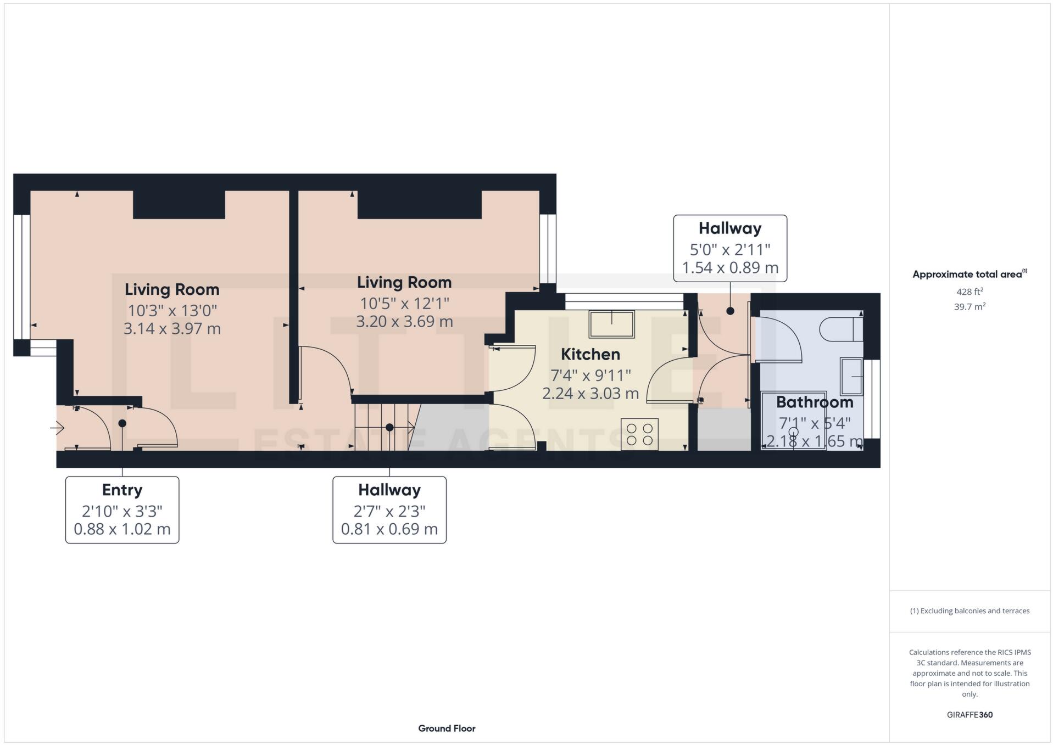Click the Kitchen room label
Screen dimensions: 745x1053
pos(590,354)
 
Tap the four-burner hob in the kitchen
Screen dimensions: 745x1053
pos(639,434)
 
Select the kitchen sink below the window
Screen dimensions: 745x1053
pos(611,324)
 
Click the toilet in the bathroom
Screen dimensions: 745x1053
pos(840,329)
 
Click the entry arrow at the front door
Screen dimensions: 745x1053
pos(57,427)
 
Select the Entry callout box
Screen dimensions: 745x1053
pos(122,509)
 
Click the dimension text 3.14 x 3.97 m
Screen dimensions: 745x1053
pos(172,329)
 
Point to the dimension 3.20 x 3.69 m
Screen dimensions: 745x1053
pos(404,321)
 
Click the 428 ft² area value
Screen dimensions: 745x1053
pos(970,292)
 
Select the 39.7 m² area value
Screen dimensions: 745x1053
pos(970,307)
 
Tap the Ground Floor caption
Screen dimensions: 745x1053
pos(447,728)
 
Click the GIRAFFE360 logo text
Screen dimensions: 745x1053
pos(970,714)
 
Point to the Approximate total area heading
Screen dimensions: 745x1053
pos(970,274)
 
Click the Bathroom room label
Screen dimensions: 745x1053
pos(814,402)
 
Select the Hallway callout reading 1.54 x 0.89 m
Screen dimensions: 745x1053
pos(730,248)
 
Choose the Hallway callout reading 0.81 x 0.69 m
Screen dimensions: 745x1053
pos(389,509)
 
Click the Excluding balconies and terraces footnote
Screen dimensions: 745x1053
pos(970,610)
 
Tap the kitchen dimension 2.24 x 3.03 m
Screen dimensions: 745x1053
pos(590,393)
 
